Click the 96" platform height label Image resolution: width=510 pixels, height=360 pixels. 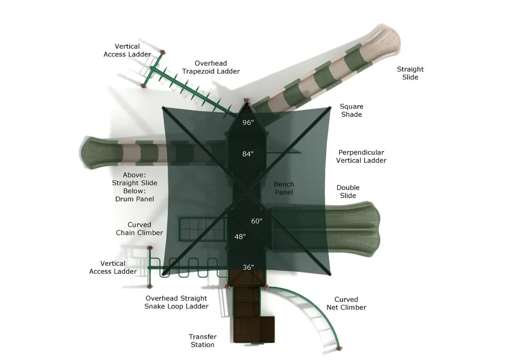pos(248,123)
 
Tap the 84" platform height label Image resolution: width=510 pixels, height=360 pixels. pos(248,154)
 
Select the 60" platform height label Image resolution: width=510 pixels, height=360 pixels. pos(256,221)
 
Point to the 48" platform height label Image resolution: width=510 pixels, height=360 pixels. pos(240,237)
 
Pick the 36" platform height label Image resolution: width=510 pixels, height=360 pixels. pos(248,268)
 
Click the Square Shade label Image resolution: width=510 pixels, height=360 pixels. pos(351,111)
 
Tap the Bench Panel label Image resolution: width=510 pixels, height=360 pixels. pos(284,188)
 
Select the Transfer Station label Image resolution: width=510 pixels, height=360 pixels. pos(202,341)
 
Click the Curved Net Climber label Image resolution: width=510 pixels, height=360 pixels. pos(346,303)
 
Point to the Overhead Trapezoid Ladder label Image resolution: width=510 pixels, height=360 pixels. pos(211,67)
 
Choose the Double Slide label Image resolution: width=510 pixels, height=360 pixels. pos(348,192)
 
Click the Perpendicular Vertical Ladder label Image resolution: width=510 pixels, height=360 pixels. pos(361,156)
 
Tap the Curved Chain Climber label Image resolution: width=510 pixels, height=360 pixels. pos(139,229)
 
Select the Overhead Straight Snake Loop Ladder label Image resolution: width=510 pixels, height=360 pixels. pos(176,302)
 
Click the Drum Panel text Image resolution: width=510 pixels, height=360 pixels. pos(135,199)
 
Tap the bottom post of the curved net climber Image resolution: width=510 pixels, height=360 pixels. pos(339,348)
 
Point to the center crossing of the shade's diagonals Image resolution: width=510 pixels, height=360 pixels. pos(247,190)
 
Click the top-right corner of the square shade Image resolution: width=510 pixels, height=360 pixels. pos(330,108)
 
